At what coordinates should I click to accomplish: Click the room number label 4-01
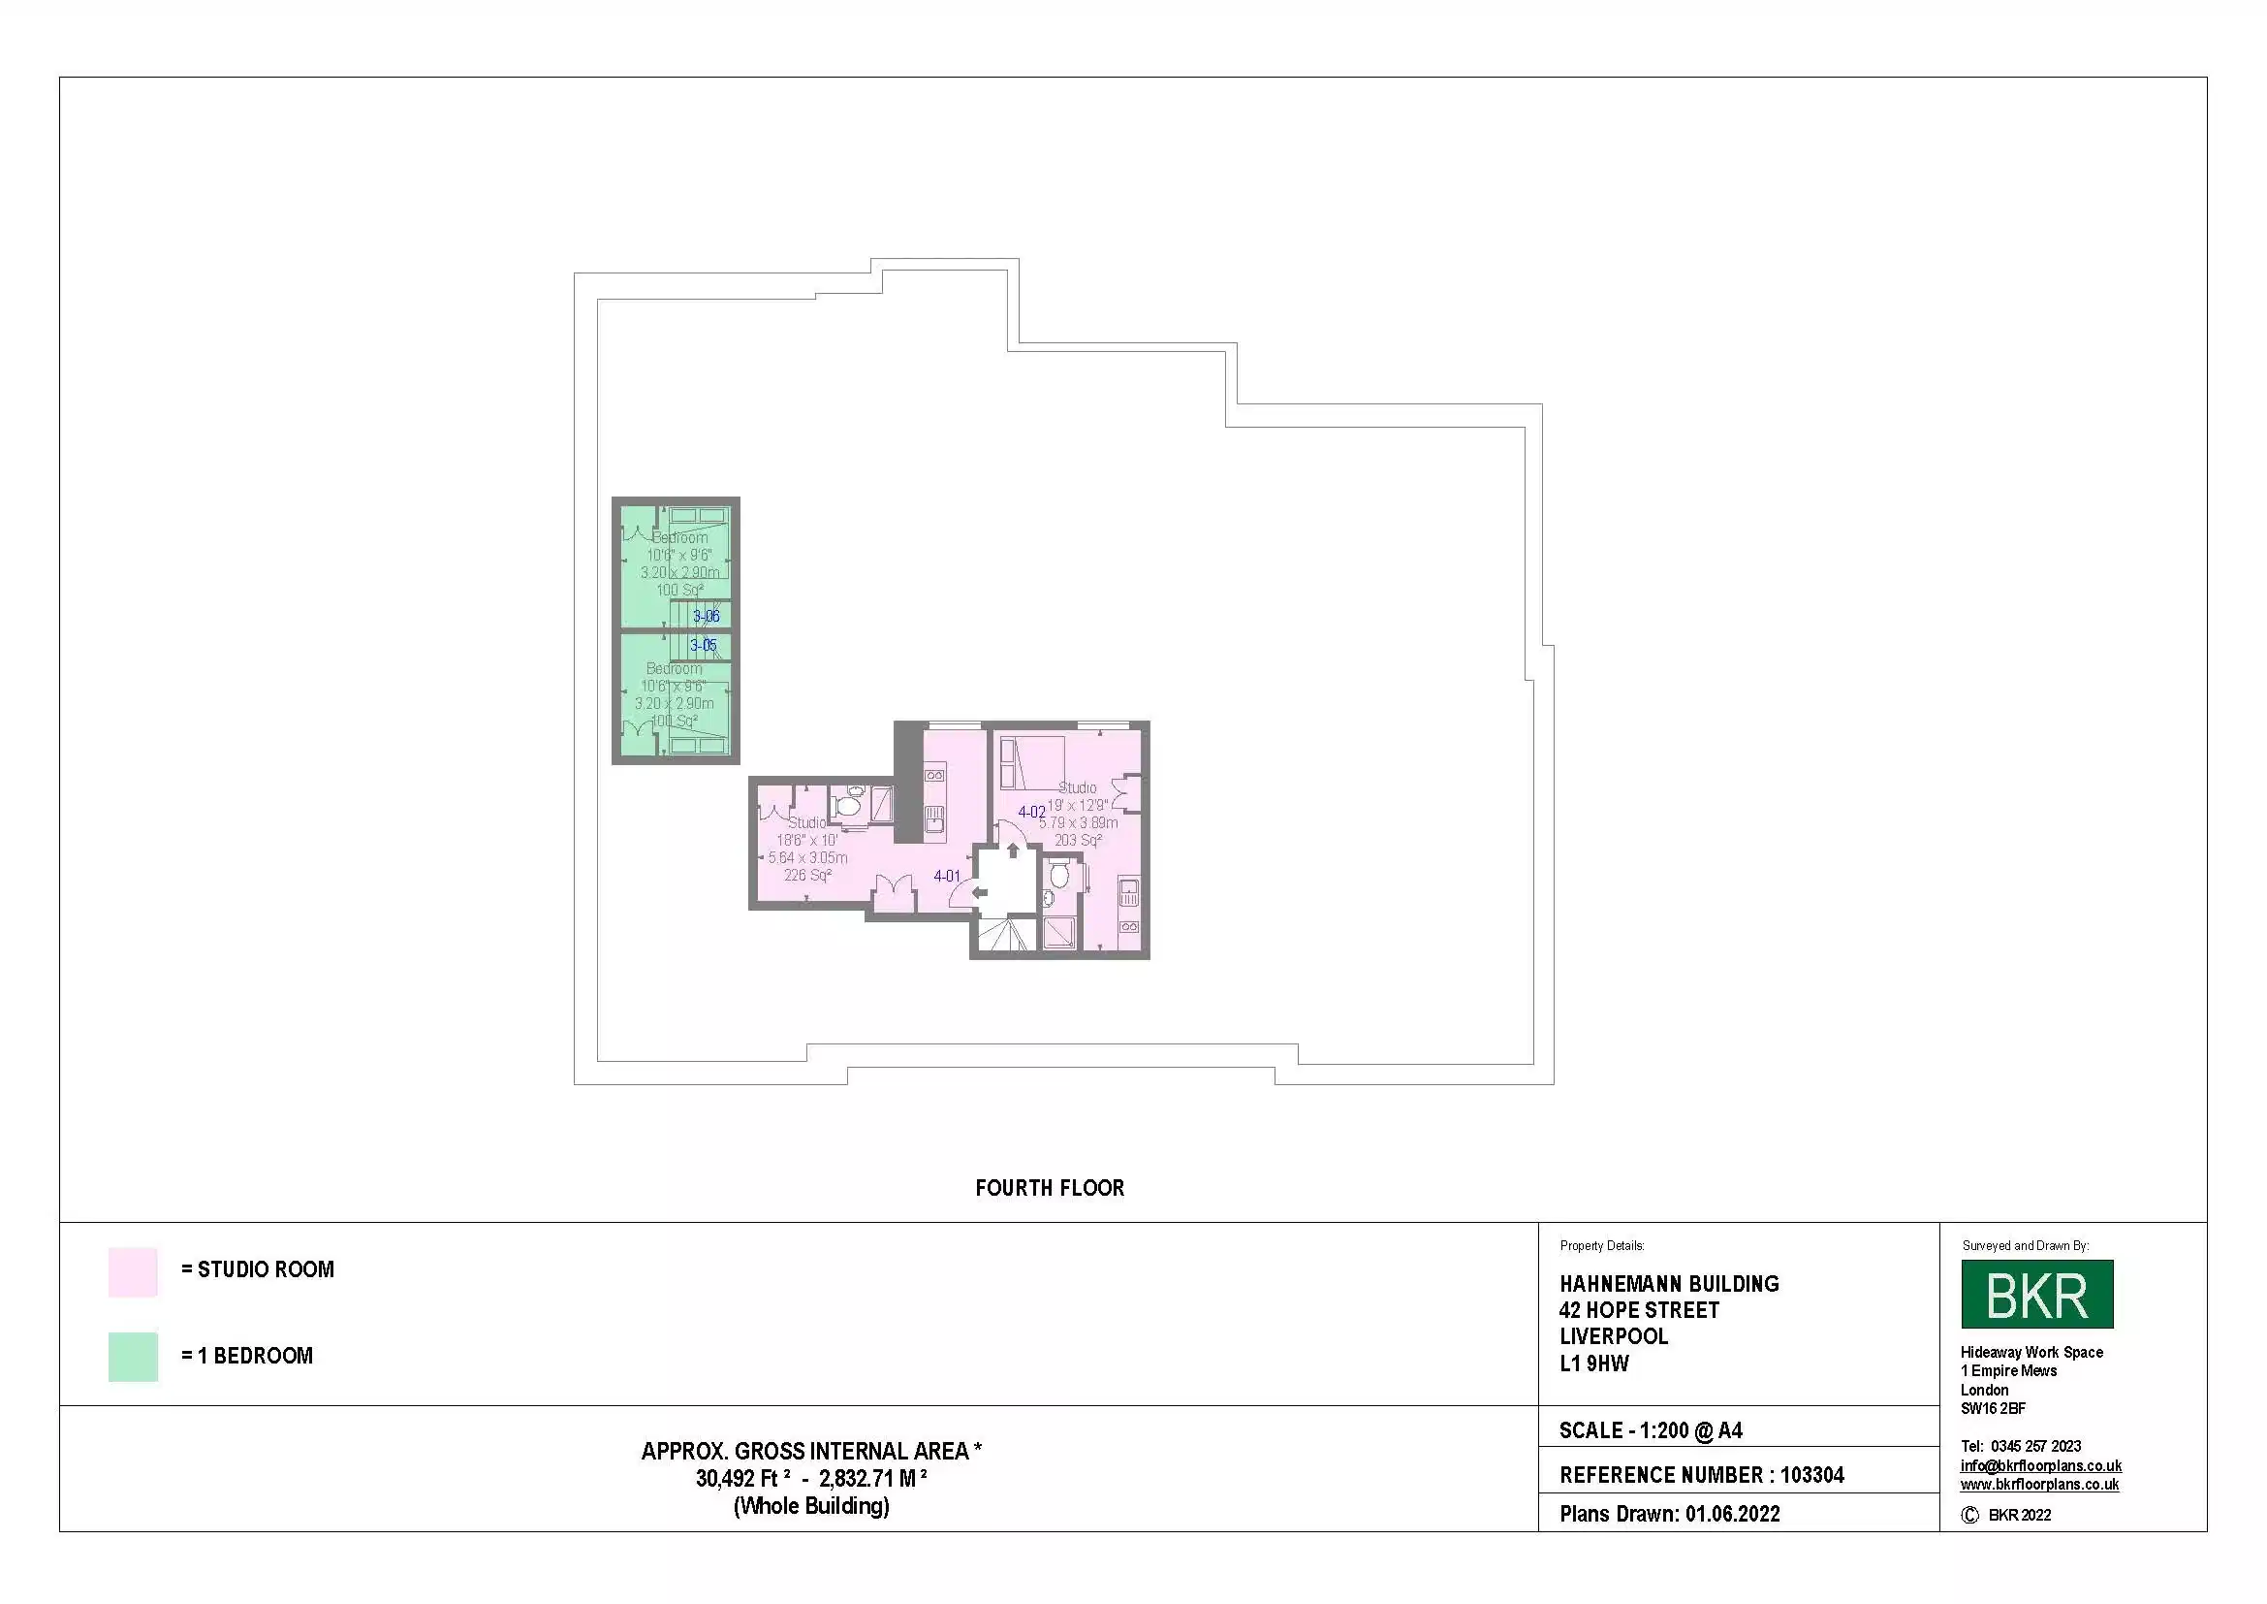pos(946,876)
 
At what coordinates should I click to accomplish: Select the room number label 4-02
pos(1031,812)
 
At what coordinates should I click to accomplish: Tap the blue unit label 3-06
pos(706,617)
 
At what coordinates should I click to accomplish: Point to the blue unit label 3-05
pos(703,646)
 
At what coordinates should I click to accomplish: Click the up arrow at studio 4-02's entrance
pos(1013,850)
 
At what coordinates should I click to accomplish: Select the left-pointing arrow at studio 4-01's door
pos(980,893)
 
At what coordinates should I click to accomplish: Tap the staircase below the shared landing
pos(1004,934)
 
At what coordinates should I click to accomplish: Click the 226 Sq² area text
pos(806,875)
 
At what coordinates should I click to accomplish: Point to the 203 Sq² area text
pos(1077,841)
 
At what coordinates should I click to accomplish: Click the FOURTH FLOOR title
pos(1050,1188)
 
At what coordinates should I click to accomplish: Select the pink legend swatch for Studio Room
pos(134,1271)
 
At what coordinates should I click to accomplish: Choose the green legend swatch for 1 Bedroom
pos(134,1356)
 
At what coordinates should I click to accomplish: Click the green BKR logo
pos(2036,1294)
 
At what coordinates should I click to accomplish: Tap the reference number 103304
pos(1811,1476)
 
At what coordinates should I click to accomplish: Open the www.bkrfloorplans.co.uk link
pos(2039,1485)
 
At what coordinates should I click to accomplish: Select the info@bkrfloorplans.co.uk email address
pos(2040,1465)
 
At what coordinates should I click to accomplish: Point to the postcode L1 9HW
pos(1593,1364)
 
